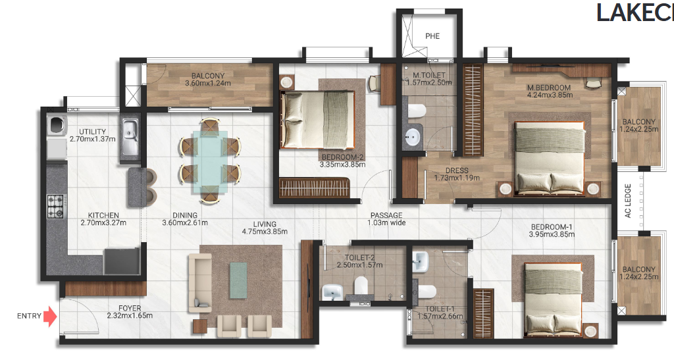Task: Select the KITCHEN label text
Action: coord(103,215)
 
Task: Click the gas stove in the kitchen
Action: coord(54,205)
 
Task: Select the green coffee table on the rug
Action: coord(238,281)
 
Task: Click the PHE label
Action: coord(432,36)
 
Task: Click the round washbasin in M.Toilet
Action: coord(412,137)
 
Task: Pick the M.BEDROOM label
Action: coord(548,88)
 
